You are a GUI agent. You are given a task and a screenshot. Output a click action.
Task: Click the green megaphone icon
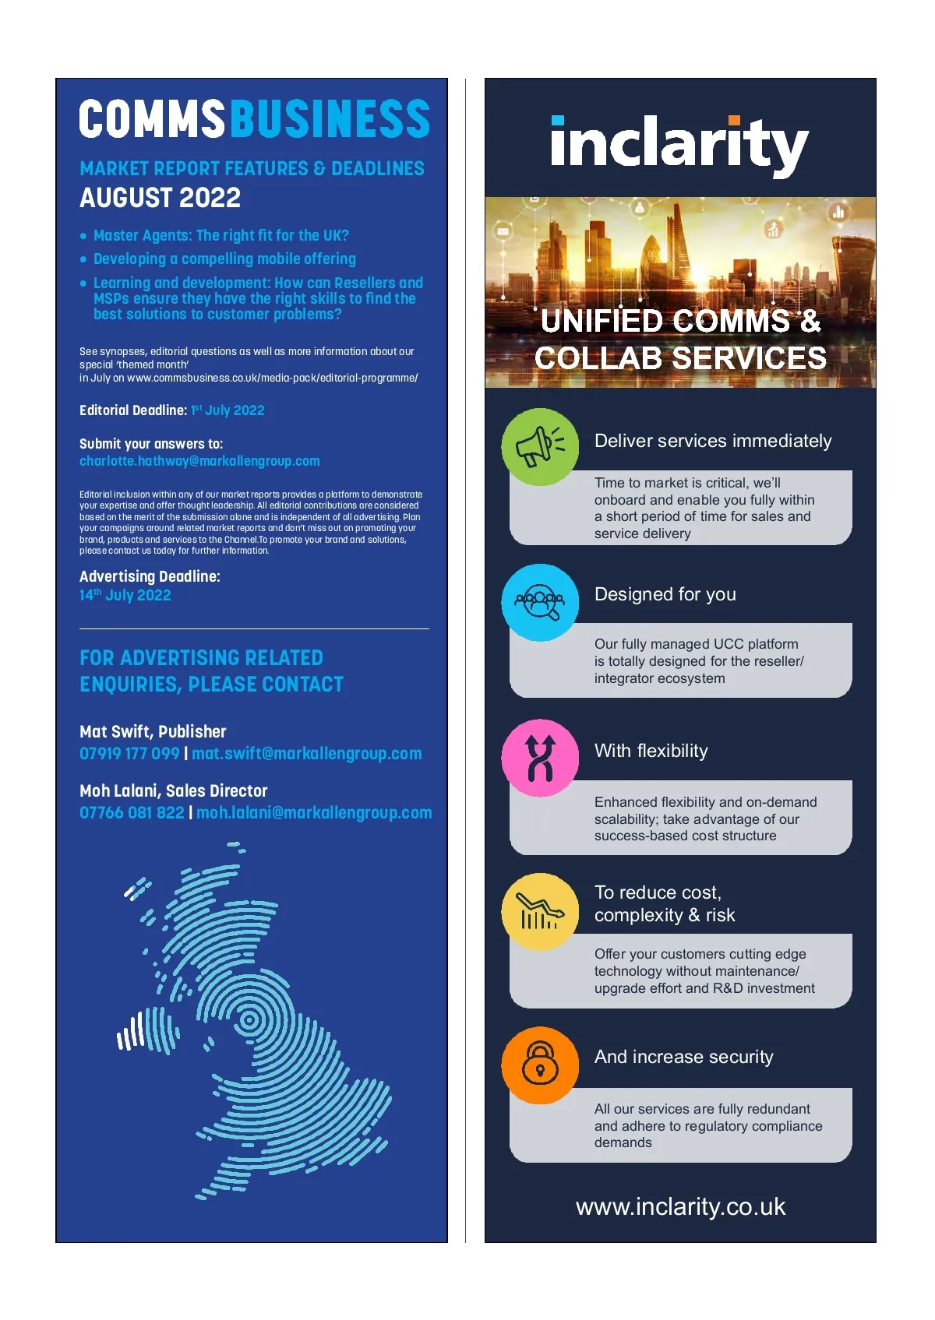[x=539, y=447]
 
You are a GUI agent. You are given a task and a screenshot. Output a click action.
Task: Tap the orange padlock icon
[x=540, y=1065]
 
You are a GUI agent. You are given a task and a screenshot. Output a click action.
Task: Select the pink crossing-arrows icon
[x=540, y=758]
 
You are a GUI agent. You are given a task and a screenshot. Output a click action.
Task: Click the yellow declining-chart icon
[x=540, y=911]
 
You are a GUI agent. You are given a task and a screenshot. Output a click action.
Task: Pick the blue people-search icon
[x=540, y=602]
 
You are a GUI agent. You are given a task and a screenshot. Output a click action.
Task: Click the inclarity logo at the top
[x=679, y=145]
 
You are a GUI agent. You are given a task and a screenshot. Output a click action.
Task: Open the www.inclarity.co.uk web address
[x=680, y=1206]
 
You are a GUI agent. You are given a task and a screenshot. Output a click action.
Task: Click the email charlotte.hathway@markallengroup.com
[x=199, y=461]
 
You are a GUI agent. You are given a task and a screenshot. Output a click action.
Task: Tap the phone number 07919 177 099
[x=129, y=754]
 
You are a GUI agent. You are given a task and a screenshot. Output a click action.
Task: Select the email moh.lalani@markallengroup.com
[x=314, y=813]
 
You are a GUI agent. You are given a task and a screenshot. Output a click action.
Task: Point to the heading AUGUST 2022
[x=160, y=198]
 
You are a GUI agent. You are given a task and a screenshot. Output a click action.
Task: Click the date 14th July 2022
[x=125, y=595]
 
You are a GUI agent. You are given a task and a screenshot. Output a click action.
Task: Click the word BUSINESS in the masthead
[x=330, y=119]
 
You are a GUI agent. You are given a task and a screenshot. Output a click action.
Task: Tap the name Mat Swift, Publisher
[x=153, y=731]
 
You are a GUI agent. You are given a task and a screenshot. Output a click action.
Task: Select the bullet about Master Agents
[x=221, y=235]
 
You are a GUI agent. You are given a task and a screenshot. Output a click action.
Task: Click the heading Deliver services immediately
[x=713, y=441]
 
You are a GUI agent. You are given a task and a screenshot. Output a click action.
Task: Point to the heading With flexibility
[x=651, y=751]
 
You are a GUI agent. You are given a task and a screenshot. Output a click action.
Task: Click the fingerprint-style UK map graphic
[x=257, y=1028]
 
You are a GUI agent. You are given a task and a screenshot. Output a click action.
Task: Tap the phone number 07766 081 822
[x=132, y=813]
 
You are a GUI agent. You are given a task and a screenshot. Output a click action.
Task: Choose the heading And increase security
[x=683, y=1057]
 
